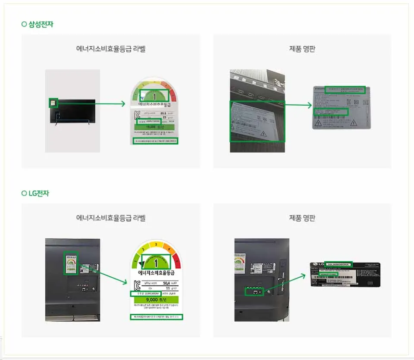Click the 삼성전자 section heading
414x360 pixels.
pos(41,24)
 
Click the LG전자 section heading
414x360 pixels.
pos(38,193)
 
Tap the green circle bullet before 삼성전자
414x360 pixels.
pos(24,24)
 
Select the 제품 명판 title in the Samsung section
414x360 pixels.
pos(302,49)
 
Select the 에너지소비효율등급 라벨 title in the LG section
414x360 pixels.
pos(111,218)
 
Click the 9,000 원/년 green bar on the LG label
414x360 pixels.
pos(156,299)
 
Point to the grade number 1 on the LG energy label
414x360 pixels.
pos(156,262)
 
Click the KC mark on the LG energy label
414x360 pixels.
pos(138,285)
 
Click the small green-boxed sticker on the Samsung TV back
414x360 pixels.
pos(53,103)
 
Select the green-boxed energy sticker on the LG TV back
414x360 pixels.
pos(70,263)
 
